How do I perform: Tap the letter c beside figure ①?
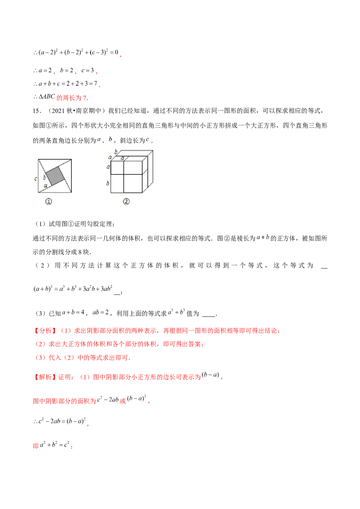(x=35, y=179)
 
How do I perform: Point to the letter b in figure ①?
(x=45, y=178)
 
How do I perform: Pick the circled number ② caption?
(x=126, y=202)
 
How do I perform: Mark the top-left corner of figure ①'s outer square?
(x=39, y=159)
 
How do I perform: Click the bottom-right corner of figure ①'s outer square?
(x=72, y=192)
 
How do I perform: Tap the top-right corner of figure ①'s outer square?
(x=72, y=159)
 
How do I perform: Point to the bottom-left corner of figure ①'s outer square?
(x=39, y=192)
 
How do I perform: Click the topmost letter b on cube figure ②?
(x=115, y=152)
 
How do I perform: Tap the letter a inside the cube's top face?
(x=122, y=158)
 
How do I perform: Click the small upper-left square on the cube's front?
(x=117, y=167)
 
